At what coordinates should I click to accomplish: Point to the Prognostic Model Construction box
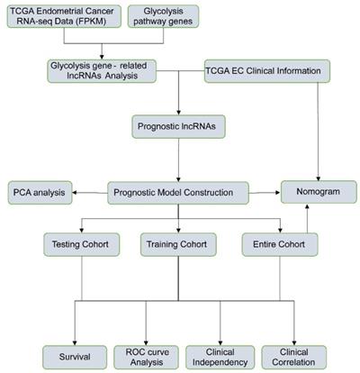tap(178, 191)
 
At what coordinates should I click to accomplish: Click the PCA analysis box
tap(39, 191)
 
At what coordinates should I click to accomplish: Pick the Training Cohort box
tap(178, 244)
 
